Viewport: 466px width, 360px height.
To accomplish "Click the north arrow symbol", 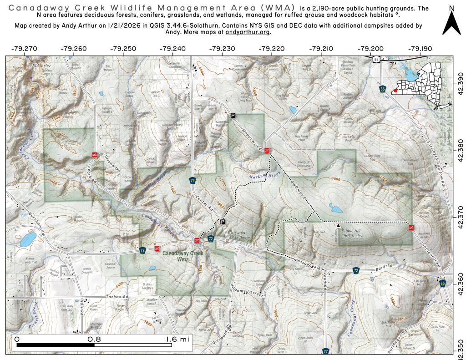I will pos(451,23).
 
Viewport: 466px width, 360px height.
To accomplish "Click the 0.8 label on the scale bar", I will pos(95,339).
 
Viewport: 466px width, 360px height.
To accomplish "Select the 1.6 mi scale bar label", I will pos(176,339).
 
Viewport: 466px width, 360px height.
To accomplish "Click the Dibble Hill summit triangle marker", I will pos(338,225).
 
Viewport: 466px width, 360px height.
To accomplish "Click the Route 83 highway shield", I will pos(375,59).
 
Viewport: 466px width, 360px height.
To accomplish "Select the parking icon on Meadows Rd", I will pos(233,116).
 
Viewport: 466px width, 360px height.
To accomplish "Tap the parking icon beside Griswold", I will pos(223,222).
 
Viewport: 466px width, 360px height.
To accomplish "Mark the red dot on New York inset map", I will pos(395,91).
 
